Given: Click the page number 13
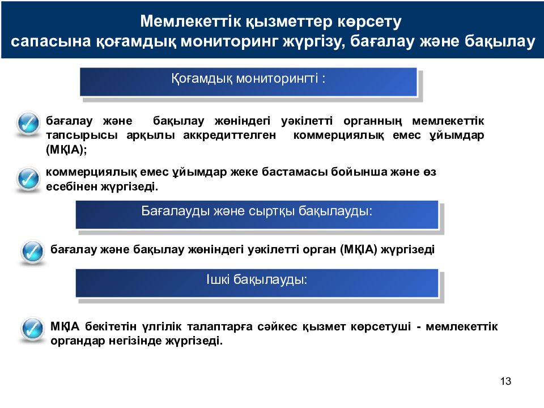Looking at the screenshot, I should pos(506,381).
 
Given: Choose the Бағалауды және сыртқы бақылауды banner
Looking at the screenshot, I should pos(257,215).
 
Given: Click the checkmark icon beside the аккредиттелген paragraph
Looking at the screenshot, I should pos(27,124).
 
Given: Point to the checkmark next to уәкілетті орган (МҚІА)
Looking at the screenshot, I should pos(32,250).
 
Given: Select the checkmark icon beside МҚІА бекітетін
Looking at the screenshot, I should pos(32,329).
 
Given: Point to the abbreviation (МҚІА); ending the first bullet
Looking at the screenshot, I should pos(67,150).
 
